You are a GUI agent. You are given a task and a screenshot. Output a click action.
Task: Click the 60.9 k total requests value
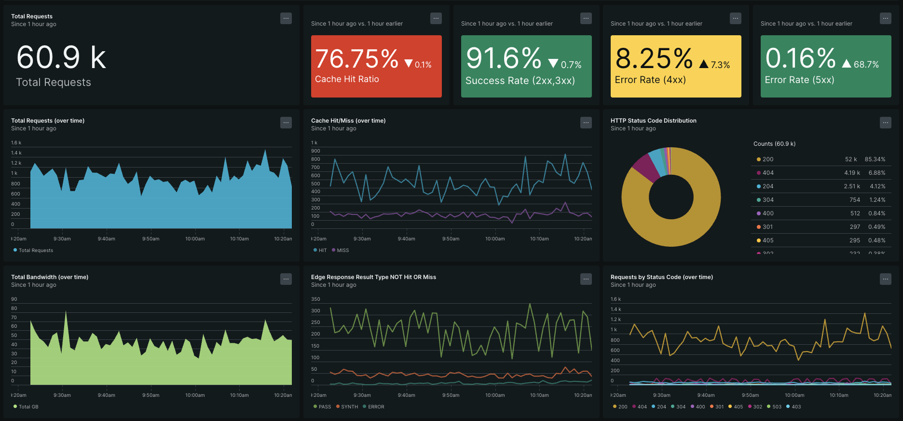pos(61,58)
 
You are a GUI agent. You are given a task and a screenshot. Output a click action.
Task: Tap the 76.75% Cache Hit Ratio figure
pos(357,59)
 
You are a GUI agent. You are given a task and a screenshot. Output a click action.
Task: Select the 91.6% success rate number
pos(504,58)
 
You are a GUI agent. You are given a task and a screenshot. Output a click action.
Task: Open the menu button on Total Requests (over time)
pos(286,123)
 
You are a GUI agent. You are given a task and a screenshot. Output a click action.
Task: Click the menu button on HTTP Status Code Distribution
pos(885,123)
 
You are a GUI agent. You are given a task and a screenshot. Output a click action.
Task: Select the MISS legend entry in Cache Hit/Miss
pos(342,250)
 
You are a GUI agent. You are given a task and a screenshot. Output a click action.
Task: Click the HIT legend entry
pos(322,250)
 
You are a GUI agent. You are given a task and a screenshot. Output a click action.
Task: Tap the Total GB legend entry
pos(28,407)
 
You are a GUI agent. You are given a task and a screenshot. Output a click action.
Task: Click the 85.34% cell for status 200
pos(875,159)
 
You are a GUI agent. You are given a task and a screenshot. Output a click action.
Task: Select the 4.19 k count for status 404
pos(852,173)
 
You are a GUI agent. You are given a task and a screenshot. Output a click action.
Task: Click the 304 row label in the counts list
pos(768,200)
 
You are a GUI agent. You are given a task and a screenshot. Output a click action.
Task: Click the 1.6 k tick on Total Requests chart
pos(16,143)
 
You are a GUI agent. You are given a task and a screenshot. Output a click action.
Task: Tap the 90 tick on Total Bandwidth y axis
pos(14,299)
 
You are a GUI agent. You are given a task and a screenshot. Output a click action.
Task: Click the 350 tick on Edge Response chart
pos(315,299)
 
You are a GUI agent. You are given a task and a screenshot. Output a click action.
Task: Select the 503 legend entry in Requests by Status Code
pos(777,407)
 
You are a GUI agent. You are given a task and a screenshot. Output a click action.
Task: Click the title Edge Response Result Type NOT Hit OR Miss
pos(373,277)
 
